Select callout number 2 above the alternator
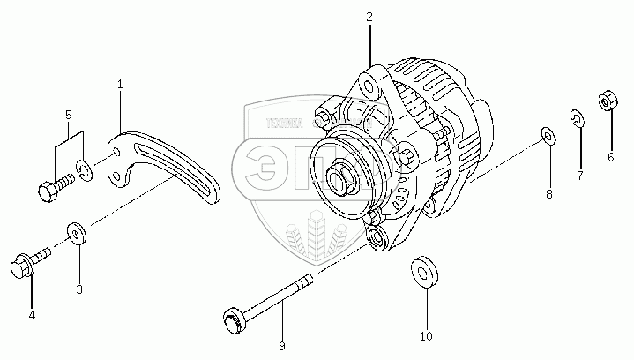point(369,17)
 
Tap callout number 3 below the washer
point(78,289)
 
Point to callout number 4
point(32,314)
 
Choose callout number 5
point(68,116)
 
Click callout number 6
point(610,157)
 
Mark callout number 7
point(580,176)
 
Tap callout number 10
point(426,337)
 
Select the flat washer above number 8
point(547,134)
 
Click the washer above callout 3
point(75,234)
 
